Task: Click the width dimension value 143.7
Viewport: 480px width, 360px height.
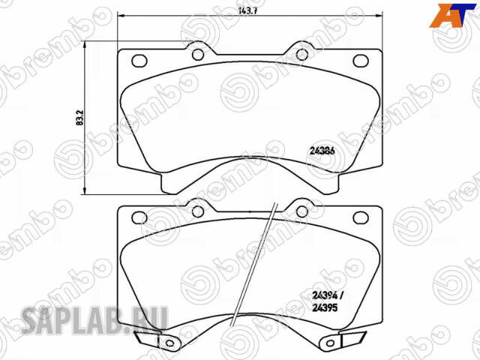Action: tap(235, 11)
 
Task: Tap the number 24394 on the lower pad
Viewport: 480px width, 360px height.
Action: tap(321, 295)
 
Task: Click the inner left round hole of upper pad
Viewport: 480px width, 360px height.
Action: tap(196, 54)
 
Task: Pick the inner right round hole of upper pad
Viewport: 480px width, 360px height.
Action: tap(302, 54)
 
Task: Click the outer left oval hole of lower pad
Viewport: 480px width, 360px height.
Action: tap(139, 217)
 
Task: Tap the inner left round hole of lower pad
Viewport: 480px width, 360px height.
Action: tap(196, 212)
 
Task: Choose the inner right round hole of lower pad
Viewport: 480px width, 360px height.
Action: tap(301, 212)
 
